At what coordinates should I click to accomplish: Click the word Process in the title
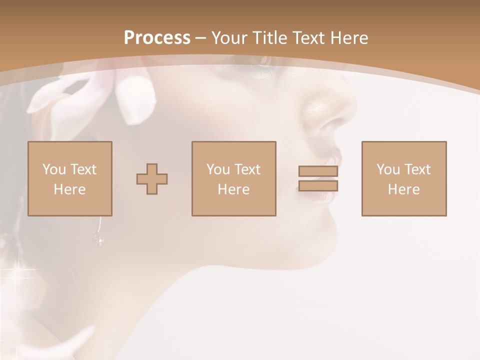157,38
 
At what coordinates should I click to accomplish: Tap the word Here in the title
348,38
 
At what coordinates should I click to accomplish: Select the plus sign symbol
152,179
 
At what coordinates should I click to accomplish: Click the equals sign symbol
318,178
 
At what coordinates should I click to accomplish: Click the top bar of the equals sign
318,171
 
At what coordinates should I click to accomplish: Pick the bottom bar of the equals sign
318,186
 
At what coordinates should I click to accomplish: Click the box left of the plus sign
69,178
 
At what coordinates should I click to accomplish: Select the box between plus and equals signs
233,178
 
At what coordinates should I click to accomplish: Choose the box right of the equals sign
403,178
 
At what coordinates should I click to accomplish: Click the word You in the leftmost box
54,169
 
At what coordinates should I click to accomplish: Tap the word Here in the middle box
233,189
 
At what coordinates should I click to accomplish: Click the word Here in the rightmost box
403,189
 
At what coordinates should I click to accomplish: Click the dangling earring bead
98,240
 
